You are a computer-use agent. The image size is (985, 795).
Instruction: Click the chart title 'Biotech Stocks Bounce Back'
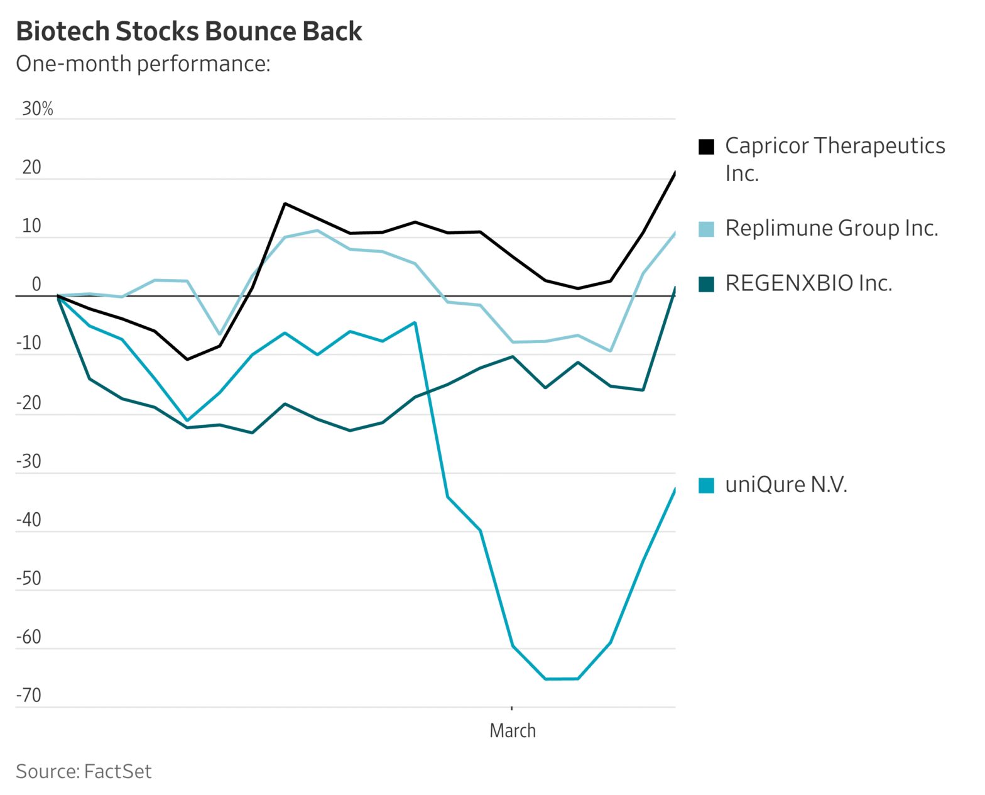(188, 31)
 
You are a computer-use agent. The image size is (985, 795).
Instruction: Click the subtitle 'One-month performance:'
(143, 63)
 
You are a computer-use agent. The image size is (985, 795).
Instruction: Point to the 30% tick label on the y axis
(38, 109)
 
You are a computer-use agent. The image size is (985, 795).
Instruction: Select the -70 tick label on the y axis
(28, 695)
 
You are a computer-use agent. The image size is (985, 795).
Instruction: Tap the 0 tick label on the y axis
(36, 285)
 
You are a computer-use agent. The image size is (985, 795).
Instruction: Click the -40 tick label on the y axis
(28, 520)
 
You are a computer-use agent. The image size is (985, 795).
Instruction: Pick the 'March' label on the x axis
(513, 730)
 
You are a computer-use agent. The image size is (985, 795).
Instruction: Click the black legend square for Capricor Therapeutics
(707, 146)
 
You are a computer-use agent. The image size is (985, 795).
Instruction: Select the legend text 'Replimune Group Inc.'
(831, 228)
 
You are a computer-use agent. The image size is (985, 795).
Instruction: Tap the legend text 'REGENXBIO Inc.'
(808, 283)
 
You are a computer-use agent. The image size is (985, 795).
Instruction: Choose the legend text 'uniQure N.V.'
(786, 485)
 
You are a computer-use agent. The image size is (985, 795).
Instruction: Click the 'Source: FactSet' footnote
(84, 771)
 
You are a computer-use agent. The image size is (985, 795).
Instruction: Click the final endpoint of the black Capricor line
(675, 172)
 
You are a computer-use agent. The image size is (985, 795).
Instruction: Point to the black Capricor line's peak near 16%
(285, 204)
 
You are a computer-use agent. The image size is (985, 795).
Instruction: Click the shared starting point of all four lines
(58, 295)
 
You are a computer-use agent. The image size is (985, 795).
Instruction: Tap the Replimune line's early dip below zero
(219, 334)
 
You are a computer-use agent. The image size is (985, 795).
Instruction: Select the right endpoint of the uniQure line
(675, 489)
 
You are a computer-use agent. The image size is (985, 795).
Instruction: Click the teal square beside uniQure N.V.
(707, 486)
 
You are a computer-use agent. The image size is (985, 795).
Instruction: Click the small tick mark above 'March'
(512, 708)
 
